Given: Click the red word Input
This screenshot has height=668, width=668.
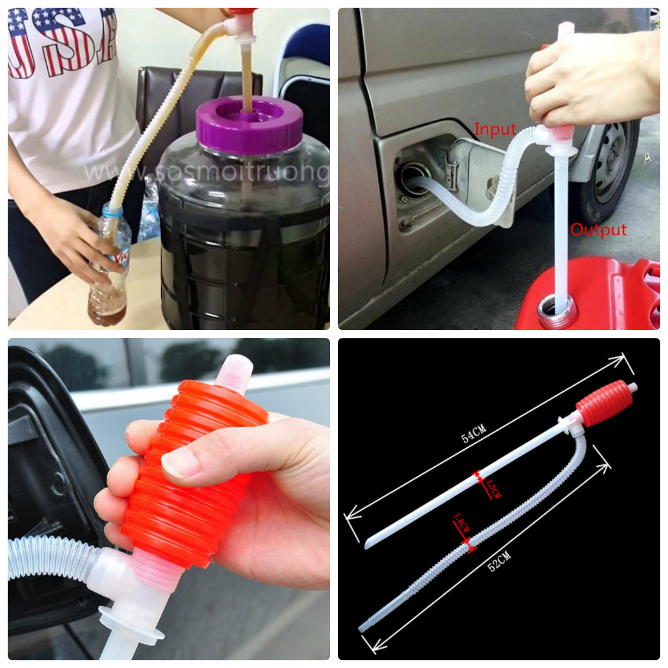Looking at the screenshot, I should pos(495,130).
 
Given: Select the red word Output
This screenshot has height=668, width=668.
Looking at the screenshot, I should pos(598,230).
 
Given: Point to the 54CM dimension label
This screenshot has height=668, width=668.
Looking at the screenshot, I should pos(473,437).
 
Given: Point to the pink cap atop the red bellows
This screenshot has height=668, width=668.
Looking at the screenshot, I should pos(233,373).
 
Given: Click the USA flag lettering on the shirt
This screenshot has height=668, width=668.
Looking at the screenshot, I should pos(61,42).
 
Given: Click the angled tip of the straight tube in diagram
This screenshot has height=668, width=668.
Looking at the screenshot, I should pos(369,543).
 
